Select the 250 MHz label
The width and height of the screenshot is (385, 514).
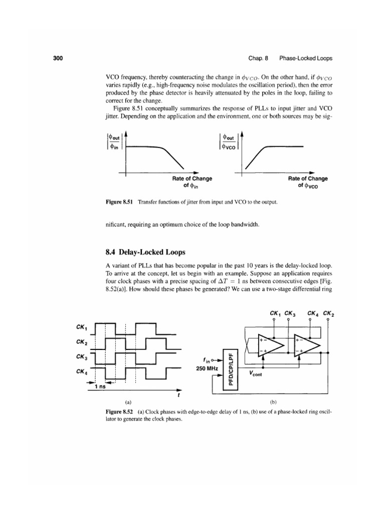click(x=205, y=369)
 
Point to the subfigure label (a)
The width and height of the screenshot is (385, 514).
click(x=128, y=402)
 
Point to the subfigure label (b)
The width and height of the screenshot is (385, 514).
click(x=274, y=402)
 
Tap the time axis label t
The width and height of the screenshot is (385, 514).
click(x=179, y=395)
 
